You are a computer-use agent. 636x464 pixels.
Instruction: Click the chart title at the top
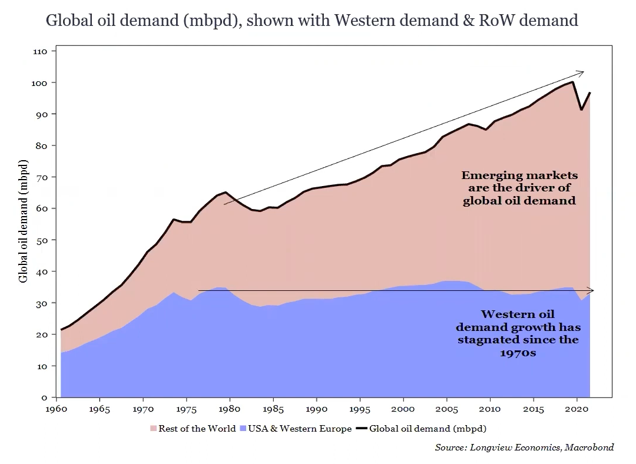point(312,21)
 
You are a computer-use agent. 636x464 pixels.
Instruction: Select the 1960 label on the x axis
point(57,408)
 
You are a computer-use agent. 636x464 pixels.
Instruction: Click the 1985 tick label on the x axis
point(273,408)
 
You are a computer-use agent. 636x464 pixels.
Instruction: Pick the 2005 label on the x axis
point(447,408)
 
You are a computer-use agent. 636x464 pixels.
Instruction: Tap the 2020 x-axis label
point(577,408)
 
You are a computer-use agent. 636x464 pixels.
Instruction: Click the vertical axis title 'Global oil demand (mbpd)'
point(24,220)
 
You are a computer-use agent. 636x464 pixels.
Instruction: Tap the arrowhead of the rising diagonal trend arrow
point(582,72)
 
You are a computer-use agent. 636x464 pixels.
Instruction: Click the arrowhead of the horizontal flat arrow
point(592,290)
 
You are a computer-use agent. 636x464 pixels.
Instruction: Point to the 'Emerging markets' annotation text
point(519,175)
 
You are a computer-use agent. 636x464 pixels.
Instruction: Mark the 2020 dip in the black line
point(582,110)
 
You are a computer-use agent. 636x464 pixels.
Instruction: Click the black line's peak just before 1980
point(226,192)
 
